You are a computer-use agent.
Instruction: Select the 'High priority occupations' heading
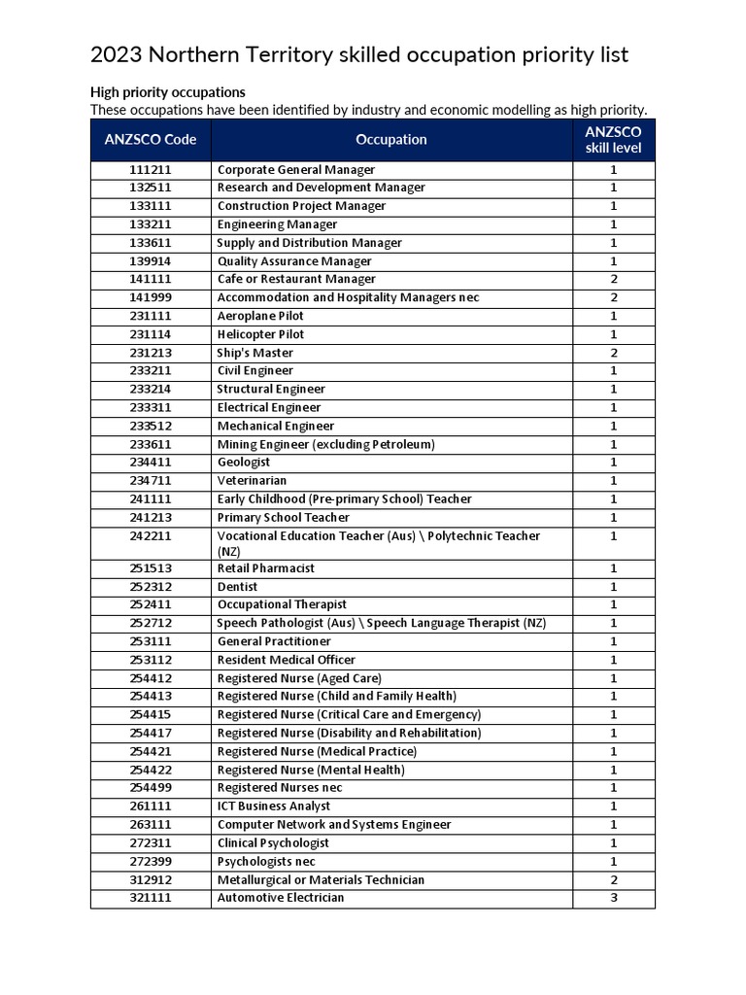tap(168, 92)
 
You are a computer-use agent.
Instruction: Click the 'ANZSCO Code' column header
tap(151, 139)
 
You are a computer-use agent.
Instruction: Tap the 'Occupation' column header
tap(390, 139)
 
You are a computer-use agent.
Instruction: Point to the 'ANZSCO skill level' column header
tap(613, 140)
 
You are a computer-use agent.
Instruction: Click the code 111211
tap(151, 169)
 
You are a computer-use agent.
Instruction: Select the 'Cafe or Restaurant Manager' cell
tap(296, 279)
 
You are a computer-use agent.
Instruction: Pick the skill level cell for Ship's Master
tap(613, 353)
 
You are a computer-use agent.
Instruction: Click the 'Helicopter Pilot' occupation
tap(260, 334)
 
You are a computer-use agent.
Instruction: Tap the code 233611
tap(151, 444)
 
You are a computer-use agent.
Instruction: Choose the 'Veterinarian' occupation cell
tap(252, 480)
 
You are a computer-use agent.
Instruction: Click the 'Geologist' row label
tap(244, 463)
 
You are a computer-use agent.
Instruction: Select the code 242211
tap(151, 535)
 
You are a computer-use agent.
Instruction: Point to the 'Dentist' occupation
tap(238, 587)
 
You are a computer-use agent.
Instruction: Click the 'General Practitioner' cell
tap(274, 641)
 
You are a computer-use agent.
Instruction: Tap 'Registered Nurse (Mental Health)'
tap(311, 770)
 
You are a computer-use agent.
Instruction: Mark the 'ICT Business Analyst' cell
tap(274, 806)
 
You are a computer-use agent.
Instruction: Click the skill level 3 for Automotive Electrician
tap(613, 898)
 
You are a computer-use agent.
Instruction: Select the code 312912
tap(151, 879)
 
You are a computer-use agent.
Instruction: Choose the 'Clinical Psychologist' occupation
tap(273, 842)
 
